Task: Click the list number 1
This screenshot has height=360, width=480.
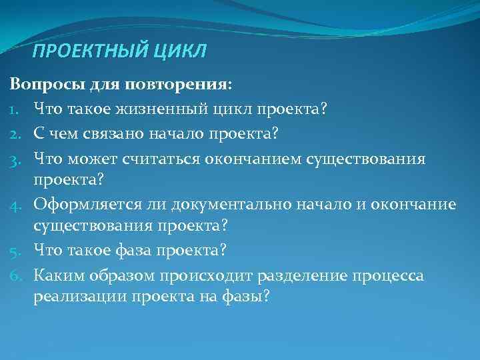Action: coord(15,109)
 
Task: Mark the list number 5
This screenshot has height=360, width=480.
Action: coord(15,249)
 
